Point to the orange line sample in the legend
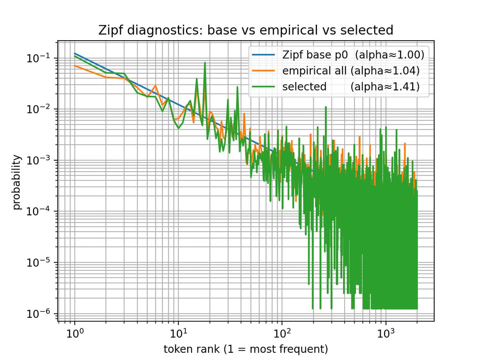click(262, 71)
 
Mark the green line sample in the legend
click(262, 87)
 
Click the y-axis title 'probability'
click(17, 183)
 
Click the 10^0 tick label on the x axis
click(75, 333)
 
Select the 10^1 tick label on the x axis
click(178, 333)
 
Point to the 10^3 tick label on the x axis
click(386, 333)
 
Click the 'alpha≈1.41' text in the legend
click(385, 87)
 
